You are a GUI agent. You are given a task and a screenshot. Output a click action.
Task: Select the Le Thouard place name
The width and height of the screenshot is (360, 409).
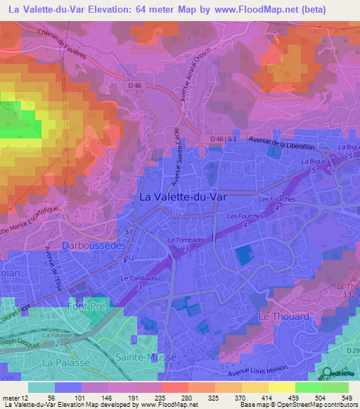tap(284, 317)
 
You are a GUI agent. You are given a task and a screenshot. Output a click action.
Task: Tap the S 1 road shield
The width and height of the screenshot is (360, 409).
tap(231, 140)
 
